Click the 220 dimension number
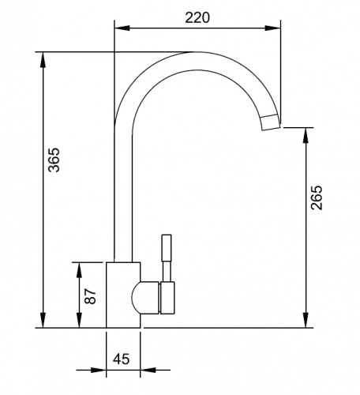197,18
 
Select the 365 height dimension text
54,160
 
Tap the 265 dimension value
317,197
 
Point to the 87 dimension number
90,296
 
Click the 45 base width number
122,359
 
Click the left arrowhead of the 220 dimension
122,28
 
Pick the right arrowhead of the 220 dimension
272,28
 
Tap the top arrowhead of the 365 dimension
43,59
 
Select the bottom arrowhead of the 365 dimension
43,320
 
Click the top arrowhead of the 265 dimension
306,135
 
